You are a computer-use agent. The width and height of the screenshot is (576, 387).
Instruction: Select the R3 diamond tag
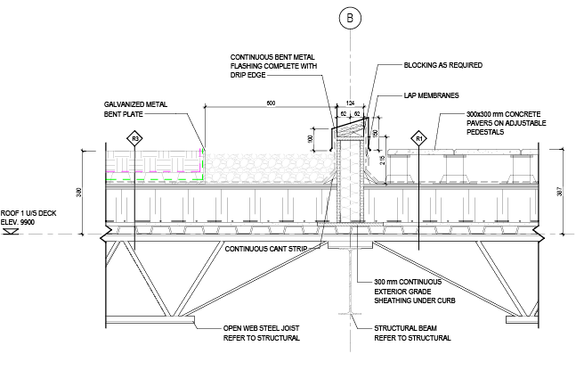pos(135,139)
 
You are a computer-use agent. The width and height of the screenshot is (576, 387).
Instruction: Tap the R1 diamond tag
pos(418,139)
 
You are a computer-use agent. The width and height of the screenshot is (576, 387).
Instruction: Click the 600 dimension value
pos(269,103)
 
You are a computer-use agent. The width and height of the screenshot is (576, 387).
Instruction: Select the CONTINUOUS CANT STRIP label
pos(270,249)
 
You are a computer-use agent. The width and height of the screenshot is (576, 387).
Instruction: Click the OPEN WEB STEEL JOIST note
pos(261,334)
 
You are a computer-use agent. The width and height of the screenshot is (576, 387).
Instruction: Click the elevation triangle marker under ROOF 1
pos(12,232)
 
